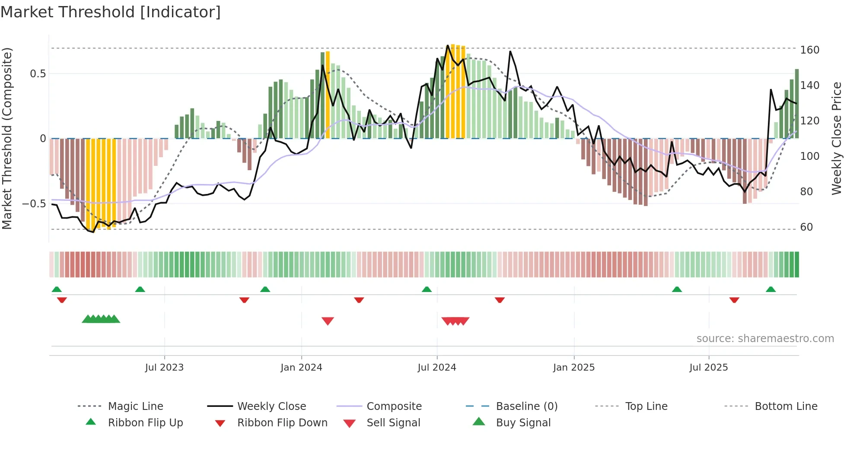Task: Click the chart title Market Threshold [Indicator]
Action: (111, 12)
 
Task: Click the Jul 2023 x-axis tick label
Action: (164, 367)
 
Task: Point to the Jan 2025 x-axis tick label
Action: (573, 367)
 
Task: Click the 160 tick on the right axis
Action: (809, 50)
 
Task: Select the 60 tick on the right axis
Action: (806, 227)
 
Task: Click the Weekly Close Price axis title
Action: (837, 138)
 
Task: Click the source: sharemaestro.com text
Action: (765, 339)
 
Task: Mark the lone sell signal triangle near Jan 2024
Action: (328, 321)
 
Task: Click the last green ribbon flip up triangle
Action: (771, 289)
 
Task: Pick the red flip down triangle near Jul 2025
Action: (734, 300)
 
